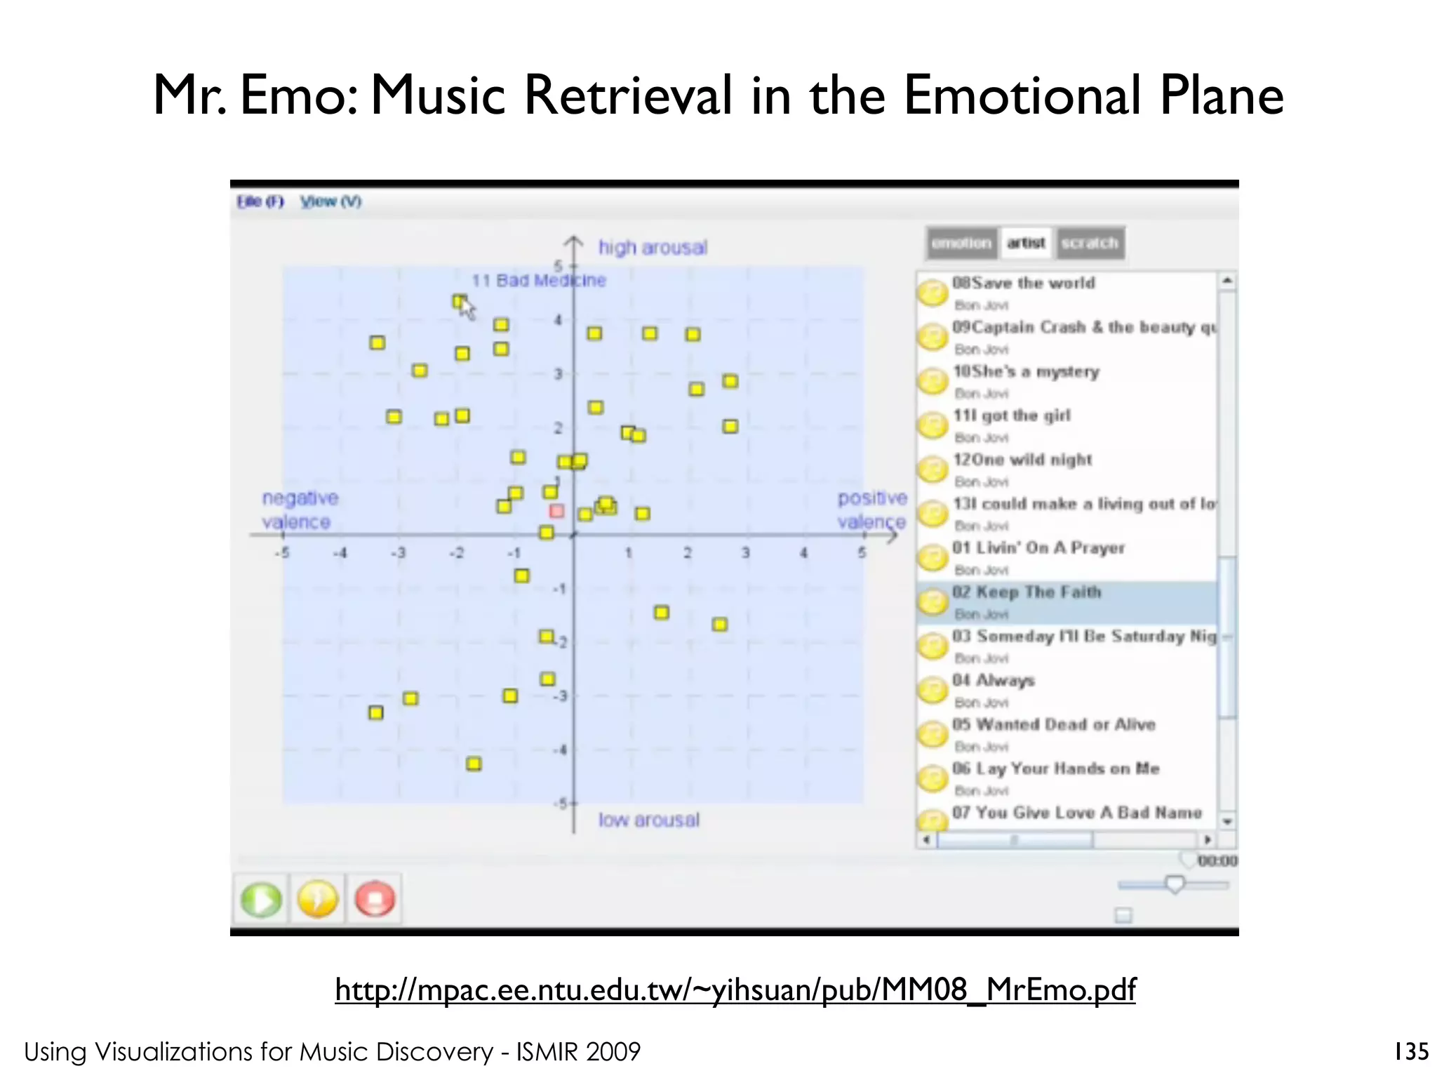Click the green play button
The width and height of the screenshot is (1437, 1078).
tap(260, 900)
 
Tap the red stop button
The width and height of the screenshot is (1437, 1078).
tap(375, 900)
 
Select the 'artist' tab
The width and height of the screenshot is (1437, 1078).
tap(1026, 243)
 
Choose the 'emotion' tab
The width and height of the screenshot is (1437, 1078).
tap(961, 243)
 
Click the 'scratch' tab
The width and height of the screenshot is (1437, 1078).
tap(1090, 243)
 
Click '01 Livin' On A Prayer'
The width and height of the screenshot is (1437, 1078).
tap(1038, 548)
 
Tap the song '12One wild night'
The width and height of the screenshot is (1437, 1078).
tap(1022, 460)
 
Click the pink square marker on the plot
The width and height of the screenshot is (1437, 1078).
tap(556, 511)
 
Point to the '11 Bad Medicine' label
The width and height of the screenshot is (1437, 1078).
tap(538, 281)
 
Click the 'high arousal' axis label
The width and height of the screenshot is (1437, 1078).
tap(653, 248)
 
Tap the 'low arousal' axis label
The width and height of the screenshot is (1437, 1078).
tap(648, 820)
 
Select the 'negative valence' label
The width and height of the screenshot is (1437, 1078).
tap(300, 510)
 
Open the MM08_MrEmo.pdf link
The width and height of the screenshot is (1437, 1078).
tap(735, 990)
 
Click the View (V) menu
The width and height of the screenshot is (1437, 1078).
tap(330, 202)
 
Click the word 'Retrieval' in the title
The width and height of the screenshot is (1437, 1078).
tap(628, 95)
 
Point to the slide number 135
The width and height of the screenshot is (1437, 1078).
tap(1411, 1051)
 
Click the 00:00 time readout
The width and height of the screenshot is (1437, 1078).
tap(1217, 861)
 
